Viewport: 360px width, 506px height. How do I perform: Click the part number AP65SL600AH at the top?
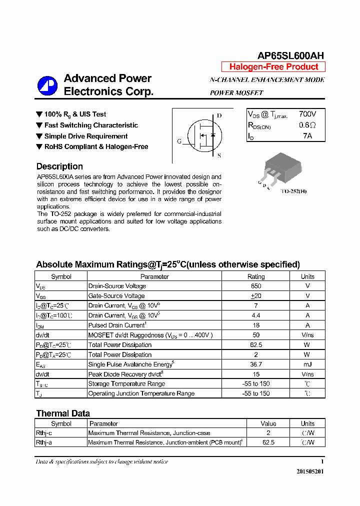(x=290, y=55)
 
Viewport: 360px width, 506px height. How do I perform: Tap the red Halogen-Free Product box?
(x=273, y=67)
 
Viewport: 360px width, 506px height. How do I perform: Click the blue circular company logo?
(x=47, y=85)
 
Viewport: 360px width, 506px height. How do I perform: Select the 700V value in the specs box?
(x=307, y=114)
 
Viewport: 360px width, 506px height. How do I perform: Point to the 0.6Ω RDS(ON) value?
(x=307, y=125)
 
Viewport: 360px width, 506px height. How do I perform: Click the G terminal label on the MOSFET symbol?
(x=179, y=141)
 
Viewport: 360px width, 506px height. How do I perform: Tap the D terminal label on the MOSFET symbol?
(x=219, y=115)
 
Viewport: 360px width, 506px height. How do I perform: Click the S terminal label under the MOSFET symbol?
(x=219, y=155)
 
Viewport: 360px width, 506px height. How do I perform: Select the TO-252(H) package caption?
(x=293, y=191)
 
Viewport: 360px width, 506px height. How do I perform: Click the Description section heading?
(x=59, y=166)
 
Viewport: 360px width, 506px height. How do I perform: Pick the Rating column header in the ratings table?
(x=256, y=276)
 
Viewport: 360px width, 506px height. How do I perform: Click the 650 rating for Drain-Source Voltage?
(x=256, y=286)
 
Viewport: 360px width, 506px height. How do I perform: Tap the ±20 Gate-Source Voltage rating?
(x=256, y=296)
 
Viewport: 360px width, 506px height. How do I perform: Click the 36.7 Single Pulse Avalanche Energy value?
(x=256, y=364)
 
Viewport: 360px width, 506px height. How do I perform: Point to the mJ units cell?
(x=307, y=364)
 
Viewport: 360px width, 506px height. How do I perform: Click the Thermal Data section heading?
(x=63, y=413)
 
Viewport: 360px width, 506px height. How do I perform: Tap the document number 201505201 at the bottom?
(x=310, y=471)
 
